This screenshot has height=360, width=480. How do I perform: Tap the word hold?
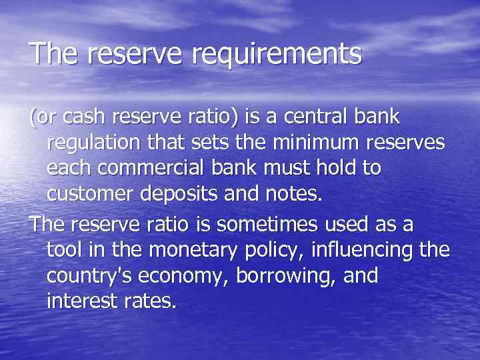pyautogui.click(x=333, y=168)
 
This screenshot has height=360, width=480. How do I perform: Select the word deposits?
pyautogui.click(x=180, y=193)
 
